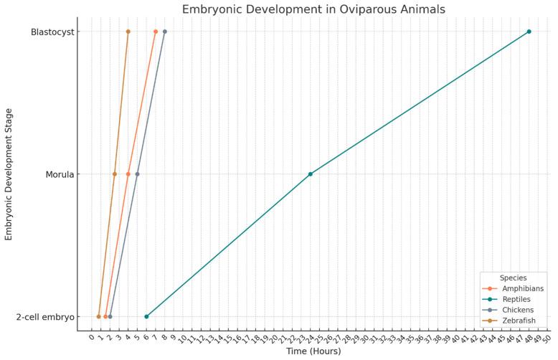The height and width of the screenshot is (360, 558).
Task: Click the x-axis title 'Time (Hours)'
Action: (313, 351)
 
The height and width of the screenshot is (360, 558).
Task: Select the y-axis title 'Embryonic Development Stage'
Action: (9, 174)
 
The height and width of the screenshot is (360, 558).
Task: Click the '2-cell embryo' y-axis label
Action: (45, 316)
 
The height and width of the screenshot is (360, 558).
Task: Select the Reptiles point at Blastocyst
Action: (529, 32)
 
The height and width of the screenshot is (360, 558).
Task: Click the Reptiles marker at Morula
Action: (310, 174)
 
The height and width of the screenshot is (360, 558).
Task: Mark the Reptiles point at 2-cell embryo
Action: (146, 316)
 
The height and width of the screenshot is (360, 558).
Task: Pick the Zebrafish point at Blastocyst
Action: (128, 32)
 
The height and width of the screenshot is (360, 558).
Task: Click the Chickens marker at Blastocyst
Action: (164, 32)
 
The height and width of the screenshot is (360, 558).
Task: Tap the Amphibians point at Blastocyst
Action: (156, 32)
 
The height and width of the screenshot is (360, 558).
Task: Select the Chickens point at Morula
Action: (137, 174)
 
